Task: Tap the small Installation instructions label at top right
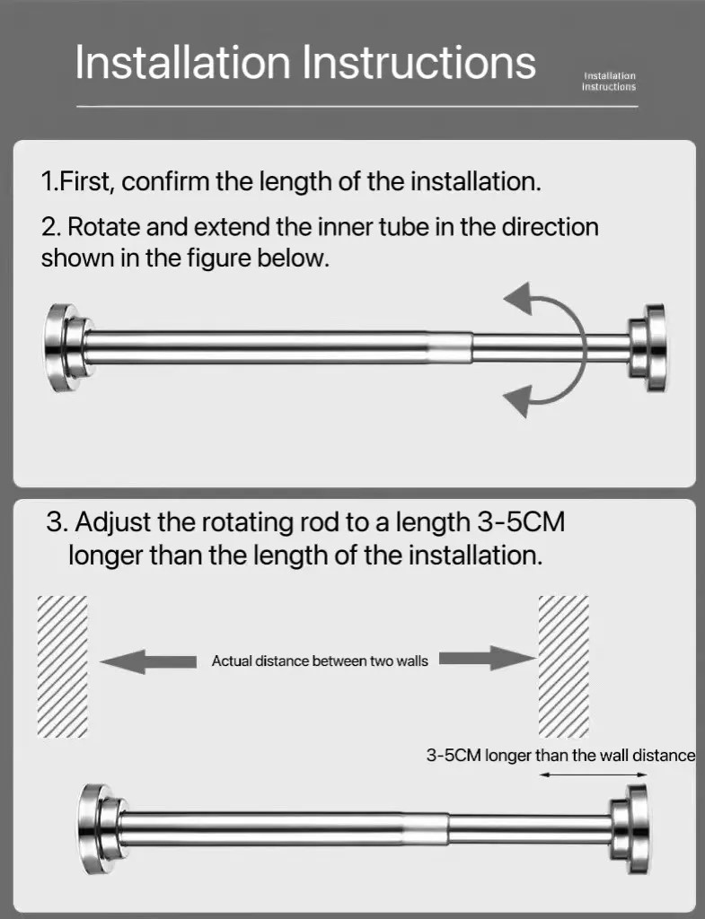609,82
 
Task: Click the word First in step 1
84,181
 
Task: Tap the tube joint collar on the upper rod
454,347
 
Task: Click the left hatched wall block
62,665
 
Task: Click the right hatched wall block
563,665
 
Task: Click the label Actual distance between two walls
320,661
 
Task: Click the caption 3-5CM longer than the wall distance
560,755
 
